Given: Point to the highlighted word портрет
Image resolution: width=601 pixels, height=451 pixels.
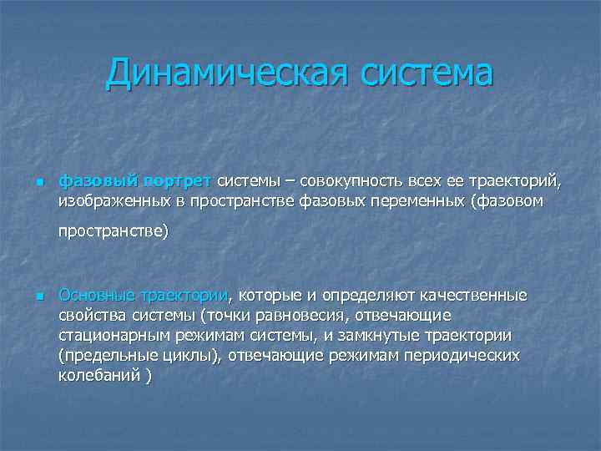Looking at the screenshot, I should tap(177, 180).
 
